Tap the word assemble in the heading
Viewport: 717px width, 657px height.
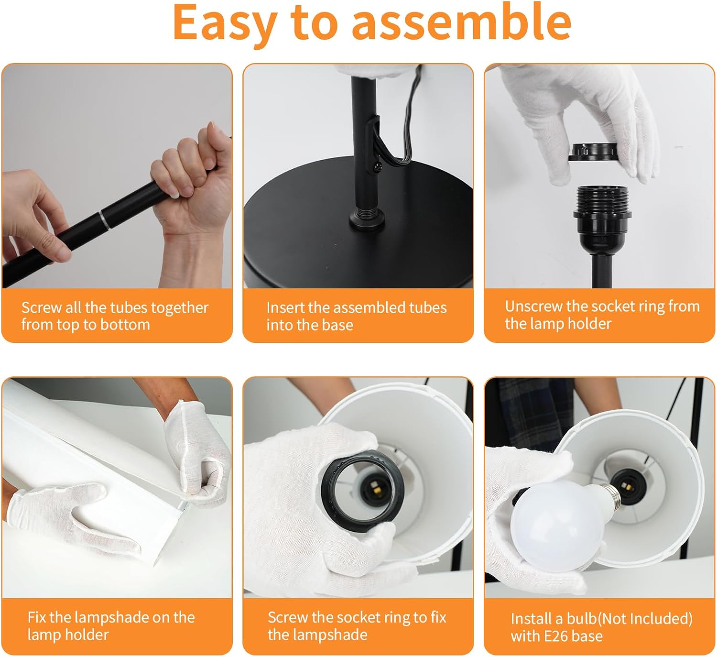tap(461, 22)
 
